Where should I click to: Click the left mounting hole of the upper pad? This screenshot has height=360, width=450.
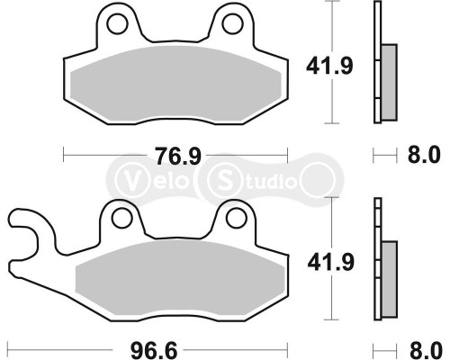[112, 21]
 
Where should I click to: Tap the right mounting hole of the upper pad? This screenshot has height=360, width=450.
[232, 21]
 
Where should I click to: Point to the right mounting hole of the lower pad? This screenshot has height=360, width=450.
[238, 216]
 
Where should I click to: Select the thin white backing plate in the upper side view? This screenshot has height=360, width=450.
[376, 63]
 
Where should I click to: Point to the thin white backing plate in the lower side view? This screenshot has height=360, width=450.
[376, 261]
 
